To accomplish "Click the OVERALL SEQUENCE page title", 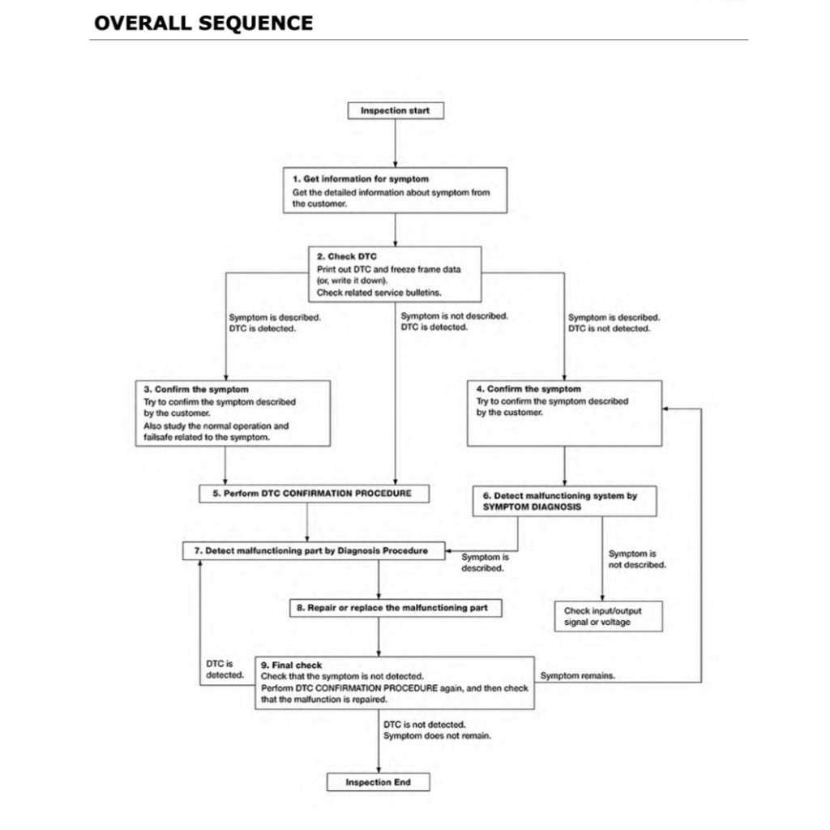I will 203,23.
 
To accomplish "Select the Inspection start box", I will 396,110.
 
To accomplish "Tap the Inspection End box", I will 378,782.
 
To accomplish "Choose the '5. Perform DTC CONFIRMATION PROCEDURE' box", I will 314,493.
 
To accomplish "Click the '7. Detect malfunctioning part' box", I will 316,551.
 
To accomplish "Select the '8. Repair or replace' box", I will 396,607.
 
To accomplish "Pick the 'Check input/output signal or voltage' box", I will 608,616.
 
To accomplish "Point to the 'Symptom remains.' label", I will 577,675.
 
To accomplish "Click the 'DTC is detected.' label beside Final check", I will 224,669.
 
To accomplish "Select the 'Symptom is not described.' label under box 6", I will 637,559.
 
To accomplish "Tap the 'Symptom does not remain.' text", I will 438,736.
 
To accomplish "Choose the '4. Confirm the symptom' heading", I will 528,390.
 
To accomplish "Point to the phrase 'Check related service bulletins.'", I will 379,293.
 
